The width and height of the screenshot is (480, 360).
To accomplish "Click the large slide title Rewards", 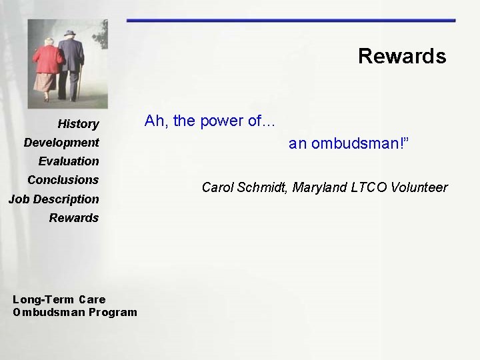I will (401, 56).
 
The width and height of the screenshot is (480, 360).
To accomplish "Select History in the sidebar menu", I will (78, 124).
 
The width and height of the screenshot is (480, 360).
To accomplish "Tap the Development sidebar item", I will (61, 143).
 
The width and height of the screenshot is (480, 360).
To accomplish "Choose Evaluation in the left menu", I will (69, 161).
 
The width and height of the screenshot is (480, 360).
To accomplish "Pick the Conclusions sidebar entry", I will (63, 180).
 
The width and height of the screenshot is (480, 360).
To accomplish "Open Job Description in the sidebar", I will (53, 199).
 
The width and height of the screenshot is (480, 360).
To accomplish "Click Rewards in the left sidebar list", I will (73, 218).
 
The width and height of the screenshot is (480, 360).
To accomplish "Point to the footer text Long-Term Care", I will (59, 299).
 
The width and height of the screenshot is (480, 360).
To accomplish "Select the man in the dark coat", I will (70, 63).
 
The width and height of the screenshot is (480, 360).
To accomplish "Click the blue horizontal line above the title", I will (291, 21).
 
